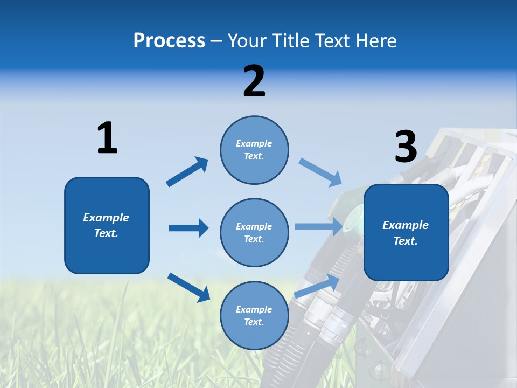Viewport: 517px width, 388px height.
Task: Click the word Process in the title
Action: (x=169, y=40)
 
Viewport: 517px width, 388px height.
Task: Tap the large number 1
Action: (x=107, y=138)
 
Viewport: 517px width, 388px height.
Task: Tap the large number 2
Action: (x=254, y=81)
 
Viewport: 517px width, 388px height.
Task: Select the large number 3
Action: (x=406, y=147)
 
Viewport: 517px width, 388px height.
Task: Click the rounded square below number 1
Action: (x=107, y=225)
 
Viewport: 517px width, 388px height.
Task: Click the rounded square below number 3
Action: (x=406, y=232)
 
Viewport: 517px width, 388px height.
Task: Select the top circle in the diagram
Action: (x=254, y=150)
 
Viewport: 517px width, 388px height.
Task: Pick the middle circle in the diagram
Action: (x=254, y=232)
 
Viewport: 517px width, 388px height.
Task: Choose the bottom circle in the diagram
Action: (x=254, y=315)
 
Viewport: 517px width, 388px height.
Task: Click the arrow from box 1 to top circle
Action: (x=187, y=172)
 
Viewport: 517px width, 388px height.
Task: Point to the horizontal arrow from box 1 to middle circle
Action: (x=188, y=228)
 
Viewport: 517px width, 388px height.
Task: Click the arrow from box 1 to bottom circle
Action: (x=188, y=287)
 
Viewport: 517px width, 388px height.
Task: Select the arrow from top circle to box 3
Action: (x=320, y=172)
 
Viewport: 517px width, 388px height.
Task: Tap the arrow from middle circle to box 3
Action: (x=319, y=226)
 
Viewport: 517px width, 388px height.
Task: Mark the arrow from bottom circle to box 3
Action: (x=317, y=286)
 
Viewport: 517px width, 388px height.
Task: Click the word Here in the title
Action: (x=375, y=40)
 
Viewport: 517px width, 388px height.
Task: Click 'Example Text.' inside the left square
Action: (x=106, y=225)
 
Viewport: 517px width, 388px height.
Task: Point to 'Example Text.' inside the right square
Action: (x=406, y=233)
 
